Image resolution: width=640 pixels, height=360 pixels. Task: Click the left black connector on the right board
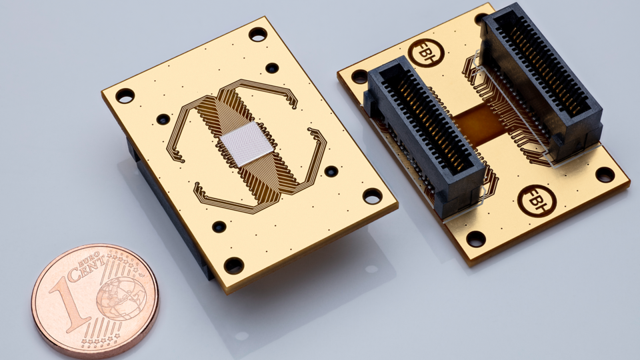(427, 133)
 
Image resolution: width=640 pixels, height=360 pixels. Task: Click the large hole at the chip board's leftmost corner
(125, 95)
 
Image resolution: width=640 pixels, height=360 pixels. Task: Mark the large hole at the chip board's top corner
(258, 34)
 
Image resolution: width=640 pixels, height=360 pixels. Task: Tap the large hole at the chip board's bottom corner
(233, 265)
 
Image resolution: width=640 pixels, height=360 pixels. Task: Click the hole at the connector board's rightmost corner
(605, 175)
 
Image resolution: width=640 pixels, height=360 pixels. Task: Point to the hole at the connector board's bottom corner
(475, 239)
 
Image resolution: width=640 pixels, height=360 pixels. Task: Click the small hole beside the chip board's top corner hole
(272, 67)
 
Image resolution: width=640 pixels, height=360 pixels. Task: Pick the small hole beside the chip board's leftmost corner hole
(163, 119)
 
